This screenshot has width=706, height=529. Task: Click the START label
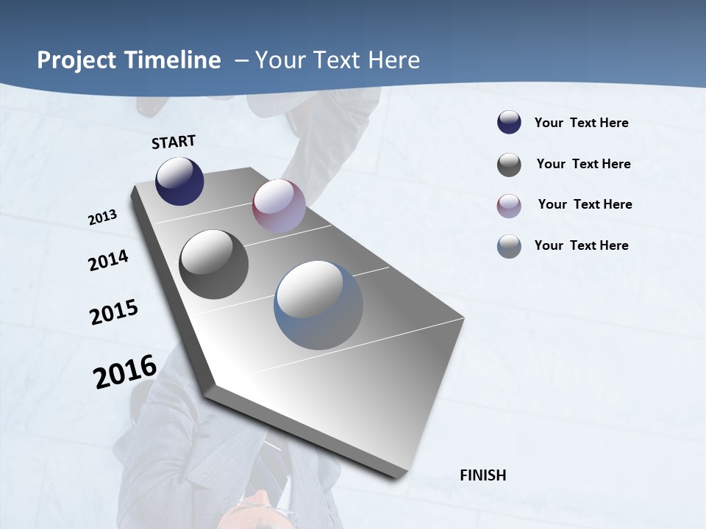point(174,142)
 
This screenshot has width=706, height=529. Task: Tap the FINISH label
point(482,475)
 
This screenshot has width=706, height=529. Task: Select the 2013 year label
point(102,217)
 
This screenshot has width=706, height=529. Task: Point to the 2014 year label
point(108,260)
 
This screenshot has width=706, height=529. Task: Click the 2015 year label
point(114,312)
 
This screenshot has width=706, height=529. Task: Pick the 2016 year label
point(125,371)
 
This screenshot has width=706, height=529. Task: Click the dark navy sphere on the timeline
point(179,181)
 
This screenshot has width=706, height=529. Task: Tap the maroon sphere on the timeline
point(279,205)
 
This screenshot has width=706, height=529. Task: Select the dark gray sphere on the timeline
point(213,264)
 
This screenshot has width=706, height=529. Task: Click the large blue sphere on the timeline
point(318,305)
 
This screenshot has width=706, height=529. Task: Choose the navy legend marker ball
point(509,123)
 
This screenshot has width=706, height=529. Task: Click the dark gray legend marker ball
point(509,165)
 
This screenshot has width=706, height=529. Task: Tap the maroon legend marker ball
point(509,206)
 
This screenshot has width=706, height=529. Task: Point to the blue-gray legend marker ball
point(509,246)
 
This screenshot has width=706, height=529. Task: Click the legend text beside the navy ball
point(581,123)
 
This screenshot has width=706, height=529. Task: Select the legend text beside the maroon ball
point(585,204)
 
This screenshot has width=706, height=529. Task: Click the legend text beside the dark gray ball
point(583,164)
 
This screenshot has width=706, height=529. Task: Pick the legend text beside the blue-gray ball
point(581,245)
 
